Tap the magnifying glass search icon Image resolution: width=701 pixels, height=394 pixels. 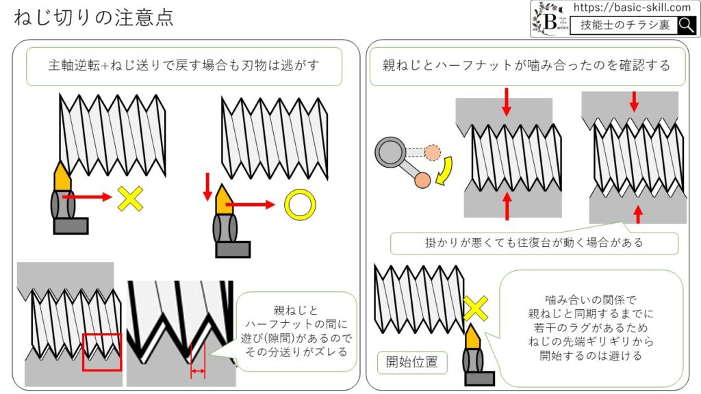point(686,26)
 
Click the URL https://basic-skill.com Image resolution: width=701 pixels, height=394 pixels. point(631,8)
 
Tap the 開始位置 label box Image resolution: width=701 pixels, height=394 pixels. point(412,361)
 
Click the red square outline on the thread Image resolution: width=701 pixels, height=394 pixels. point(102,352)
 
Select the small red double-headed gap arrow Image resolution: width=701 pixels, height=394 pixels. point(198,371)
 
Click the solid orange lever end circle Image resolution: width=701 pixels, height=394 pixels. point(423,180)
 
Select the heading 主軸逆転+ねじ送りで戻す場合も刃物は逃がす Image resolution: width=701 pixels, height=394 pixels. point(184,66)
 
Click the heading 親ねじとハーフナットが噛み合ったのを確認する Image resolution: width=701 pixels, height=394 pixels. point(526,66)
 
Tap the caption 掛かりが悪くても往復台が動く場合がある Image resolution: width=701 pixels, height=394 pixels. point(534,243)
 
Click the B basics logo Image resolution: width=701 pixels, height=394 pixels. point(550,19)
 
